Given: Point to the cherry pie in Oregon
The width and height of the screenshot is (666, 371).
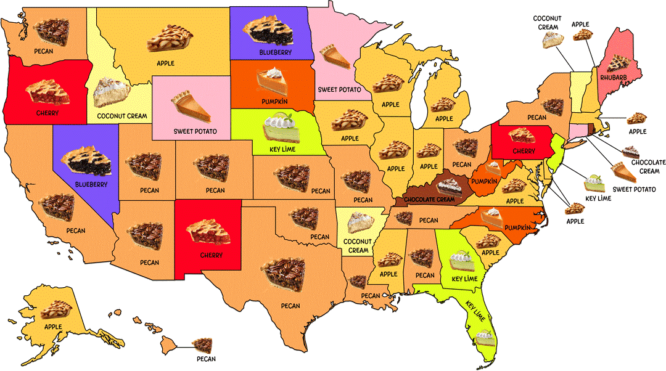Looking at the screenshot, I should click(47, 92).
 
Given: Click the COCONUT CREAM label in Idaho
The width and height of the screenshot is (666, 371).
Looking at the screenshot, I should click(120, 115).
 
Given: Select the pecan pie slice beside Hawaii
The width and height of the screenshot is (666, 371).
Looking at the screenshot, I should click(202, 345).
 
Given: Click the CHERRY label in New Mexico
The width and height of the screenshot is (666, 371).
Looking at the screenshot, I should click(211, 255).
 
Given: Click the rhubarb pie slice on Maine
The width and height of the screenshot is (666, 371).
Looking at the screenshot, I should click(617, 60).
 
